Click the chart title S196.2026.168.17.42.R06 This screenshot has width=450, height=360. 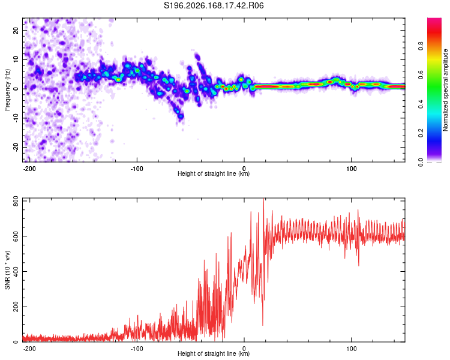[x=214, y=5]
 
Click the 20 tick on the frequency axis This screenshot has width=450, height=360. [x=16, y=31]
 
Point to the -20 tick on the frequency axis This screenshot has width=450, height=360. [x=16, y=147]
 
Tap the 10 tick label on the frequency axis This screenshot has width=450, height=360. [x=16, y=59]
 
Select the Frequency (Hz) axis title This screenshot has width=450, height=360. [x=7, y=90]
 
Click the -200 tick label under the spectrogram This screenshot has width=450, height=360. [x=29, y=169]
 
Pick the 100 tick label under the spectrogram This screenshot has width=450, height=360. [x=351, y=169]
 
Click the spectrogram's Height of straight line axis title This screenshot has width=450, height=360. [x=214, y=173]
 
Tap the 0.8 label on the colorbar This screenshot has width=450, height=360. [x=421, y=46]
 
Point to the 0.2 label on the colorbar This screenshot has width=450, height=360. [x=421, y=133]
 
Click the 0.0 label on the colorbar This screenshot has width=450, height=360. [x=421, y=162]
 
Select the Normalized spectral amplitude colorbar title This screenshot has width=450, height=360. [x=445, y=90]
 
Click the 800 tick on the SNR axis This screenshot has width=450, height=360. [x=16, y=202]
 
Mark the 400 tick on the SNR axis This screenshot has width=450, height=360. [x=16, y=271]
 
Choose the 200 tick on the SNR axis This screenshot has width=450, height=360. [x=16, y=307]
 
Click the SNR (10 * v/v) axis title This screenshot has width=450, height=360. [x=7, y=270]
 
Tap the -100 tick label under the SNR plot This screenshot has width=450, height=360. [x=137, y=349]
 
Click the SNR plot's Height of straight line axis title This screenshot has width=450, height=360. [x=214, y=353]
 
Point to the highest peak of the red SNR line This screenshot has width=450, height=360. [x=263, y=199]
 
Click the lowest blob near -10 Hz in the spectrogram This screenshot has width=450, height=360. [x=181, y=116]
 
